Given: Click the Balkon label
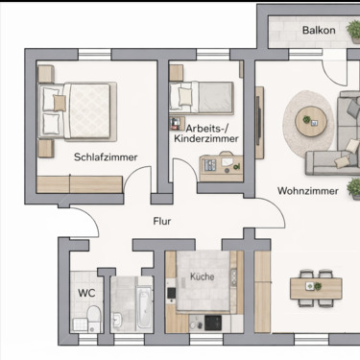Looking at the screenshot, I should pos(319,30).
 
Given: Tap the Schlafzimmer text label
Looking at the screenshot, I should pos(105,157).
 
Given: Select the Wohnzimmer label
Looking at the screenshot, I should pos(307,191).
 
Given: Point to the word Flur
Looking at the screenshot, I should pos(163,221).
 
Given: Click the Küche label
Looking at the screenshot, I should pos(202,276).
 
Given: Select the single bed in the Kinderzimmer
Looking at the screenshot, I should pos(202,97).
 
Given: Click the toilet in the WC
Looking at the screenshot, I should pos(91,319).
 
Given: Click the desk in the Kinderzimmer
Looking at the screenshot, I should pos(222,164).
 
